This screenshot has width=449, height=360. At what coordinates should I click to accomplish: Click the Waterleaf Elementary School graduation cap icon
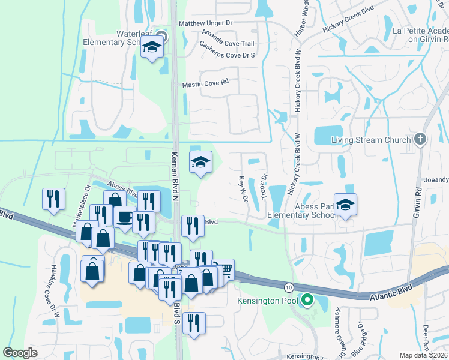[x=152, y=47]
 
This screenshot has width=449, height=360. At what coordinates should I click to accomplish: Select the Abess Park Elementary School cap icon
[x=345, y=205]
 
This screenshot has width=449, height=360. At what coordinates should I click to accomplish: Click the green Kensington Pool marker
[x=307, y=299]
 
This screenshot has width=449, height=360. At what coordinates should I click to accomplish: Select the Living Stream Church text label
[x=365, y=140]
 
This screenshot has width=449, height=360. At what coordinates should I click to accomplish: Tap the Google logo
[x=20, y=353]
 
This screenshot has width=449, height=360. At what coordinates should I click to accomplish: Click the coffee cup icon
[x=125, y=217]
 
